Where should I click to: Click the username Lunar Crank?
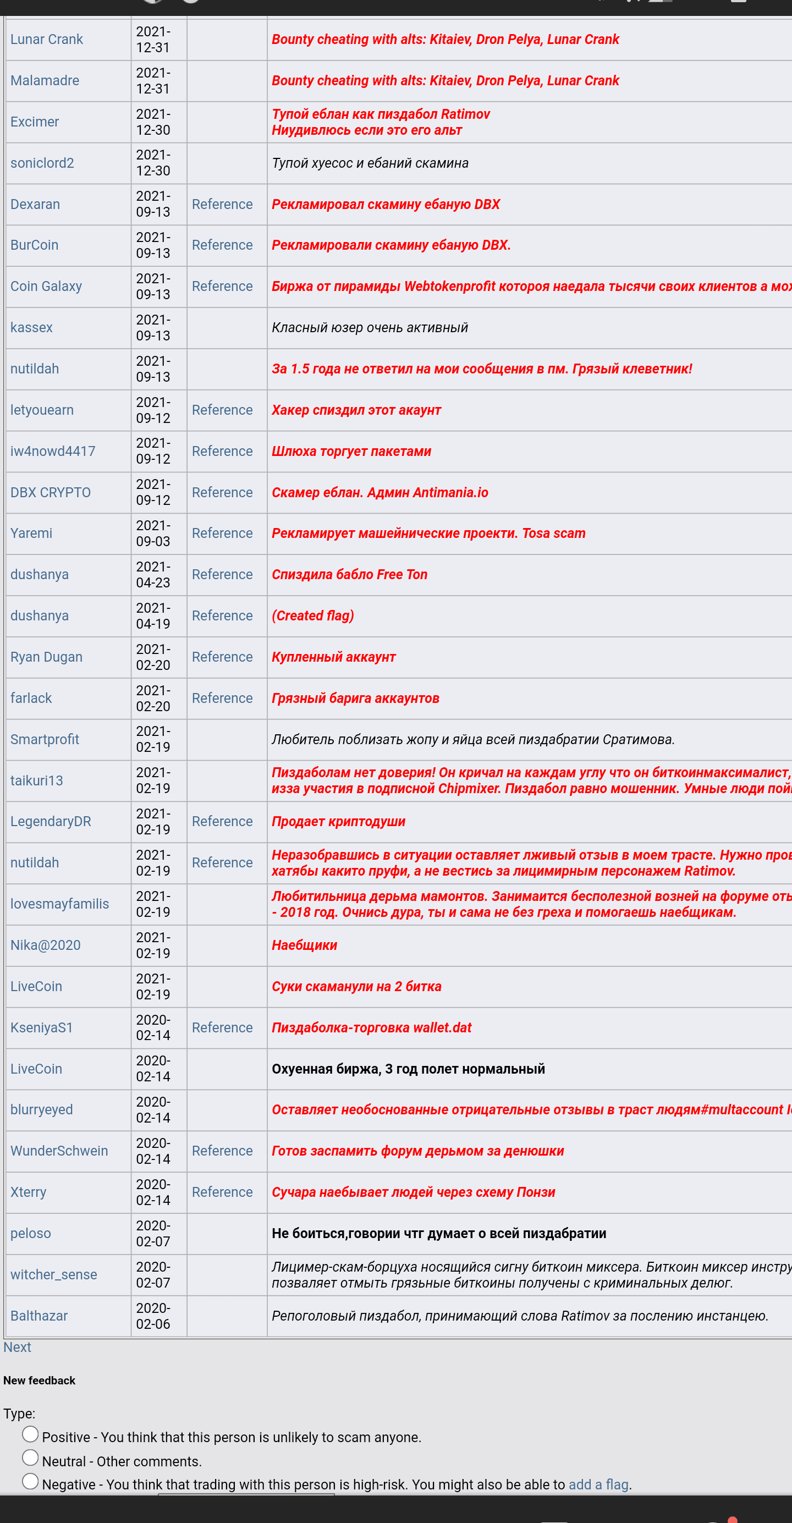[47, 40]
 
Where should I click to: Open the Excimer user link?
[35, 122]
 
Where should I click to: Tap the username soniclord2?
[42, 163]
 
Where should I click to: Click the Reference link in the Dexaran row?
[222, 205]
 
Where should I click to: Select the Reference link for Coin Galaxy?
[222, 287]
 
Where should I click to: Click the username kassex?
[32, 328]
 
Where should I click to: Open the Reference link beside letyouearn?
[222, 410]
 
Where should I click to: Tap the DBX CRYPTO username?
[51, 492]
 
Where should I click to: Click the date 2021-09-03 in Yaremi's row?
[153, 534]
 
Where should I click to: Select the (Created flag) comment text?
[312, 616]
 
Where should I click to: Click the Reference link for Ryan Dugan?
[222, 657]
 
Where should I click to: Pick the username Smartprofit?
[45, 740]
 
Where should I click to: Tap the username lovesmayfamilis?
[60, 904]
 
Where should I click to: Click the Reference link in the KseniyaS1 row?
[222, 1027]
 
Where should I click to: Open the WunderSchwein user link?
[59, 1151]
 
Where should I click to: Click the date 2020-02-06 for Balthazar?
[153, 1316]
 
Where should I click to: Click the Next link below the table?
[17, 1348]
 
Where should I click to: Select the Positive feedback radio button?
[30, 1434]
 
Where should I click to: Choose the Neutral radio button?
[30, 1458]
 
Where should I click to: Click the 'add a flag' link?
[598, 1484]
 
